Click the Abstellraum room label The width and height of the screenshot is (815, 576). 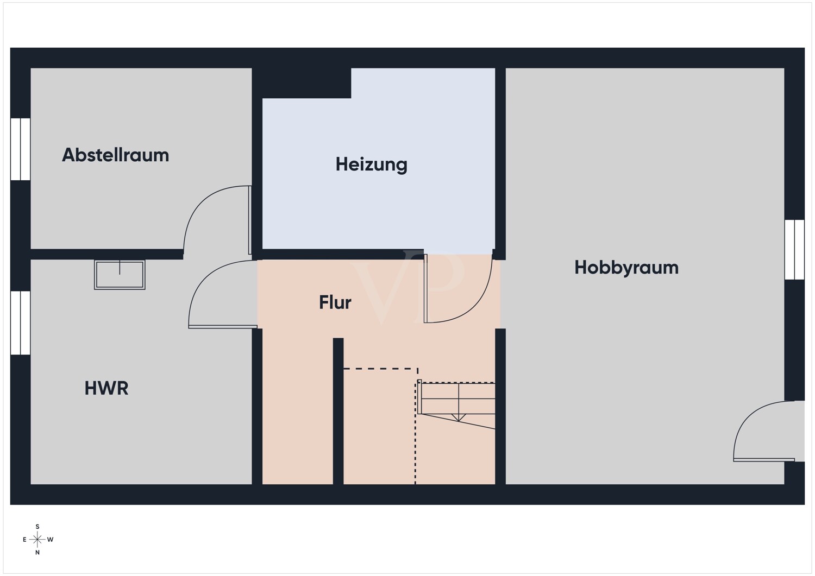(115, 155)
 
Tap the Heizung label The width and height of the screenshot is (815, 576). (371, 164)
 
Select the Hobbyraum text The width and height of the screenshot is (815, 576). (626, 268)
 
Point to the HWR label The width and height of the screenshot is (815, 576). (106, 388)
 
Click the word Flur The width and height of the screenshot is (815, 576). (335, 302)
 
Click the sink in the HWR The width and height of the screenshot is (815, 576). (120, 275)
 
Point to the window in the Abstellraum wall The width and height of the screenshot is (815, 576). (21, 149)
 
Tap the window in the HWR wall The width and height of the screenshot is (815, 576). (21, 322)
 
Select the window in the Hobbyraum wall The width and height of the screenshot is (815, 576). (794, 249)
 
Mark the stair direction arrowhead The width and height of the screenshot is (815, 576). (459, 417)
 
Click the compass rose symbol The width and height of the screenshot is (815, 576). (37, 539)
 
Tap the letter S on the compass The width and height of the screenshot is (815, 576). (37, 527)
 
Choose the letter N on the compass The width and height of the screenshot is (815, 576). (37, 552)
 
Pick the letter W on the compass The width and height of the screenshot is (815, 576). (50, 540)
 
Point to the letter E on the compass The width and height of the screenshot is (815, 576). (25, 540)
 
